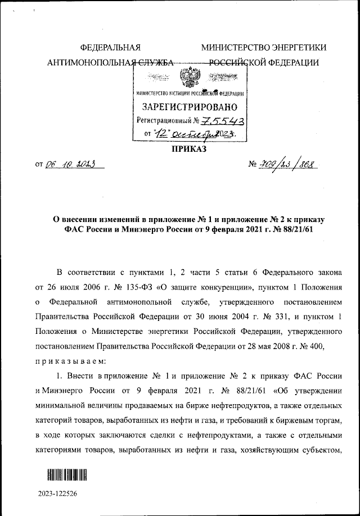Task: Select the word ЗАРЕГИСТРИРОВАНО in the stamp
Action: [x=190, y=107]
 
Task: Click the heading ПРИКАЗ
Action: [x=189, y=150]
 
